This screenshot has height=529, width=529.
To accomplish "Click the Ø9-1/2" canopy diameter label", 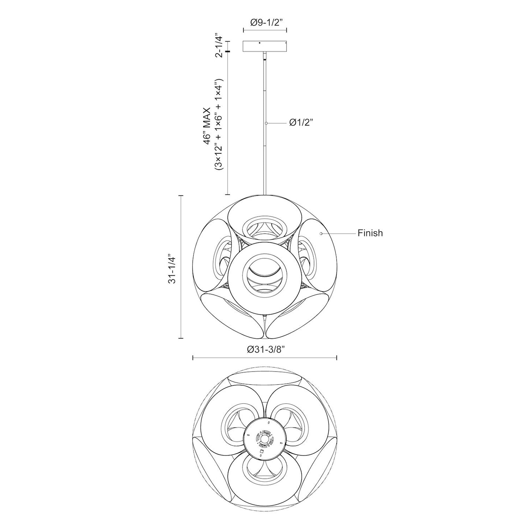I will pos(265,23).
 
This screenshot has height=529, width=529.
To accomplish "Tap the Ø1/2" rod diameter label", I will pos(302,123).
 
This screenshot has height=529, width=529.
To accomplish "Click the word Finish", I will pos(370,233).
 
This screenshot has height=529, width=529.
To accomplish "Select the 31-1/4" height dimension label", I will pos(171,268).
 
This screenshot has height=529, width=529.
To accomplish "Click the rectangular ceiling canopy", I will pos(265,46).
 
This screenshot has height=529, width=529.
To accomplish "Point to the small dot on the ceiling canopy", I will pos(260,43).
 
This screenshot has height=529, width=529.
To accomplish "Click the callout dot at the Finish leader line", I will pos(321,233).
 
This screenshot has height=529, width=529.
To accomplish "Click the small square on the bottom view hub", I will pos(261,452).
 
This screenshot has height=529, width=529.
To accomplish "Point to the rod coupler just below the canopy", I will pos(264,56).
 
